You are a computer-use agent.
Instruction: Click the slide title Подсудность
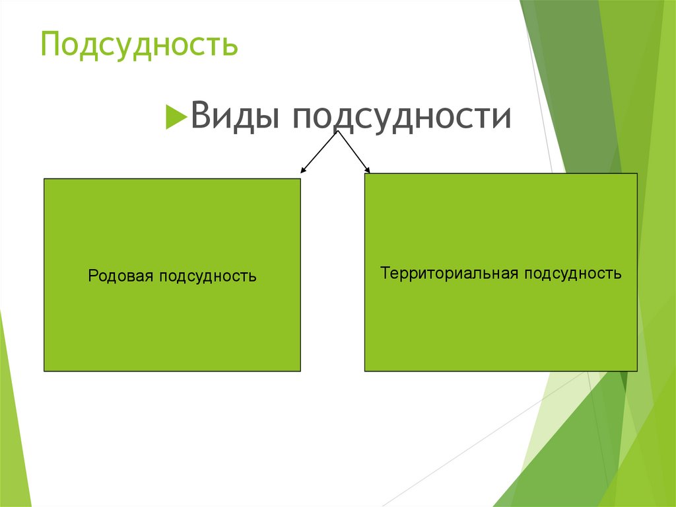139,44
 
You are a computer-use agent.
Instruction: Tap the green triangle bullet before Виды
176,116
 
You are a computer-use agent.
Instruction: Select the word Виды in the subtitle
235,115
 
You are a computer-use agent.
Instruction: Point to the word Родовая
121,276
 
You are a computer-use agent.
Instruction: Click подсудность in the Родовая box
208,276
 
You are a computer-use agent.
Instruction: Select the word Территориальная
449,274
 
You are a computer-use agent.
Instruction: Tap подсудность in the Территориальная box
573,274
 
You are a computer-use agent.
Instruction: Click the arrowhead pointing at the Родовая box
302,170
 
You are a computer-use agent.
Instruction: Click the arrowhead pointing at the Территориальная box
367,170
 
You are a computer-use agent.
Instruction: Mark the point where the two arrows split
337,131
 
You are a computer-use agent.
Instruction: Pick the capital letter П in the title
51,44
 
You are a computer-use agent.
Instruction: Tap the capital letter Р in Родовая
92,276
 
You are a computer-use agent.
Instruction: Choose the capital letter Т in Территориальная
385,273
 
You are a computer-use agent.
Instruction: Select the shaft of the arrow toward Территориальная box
354,151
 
